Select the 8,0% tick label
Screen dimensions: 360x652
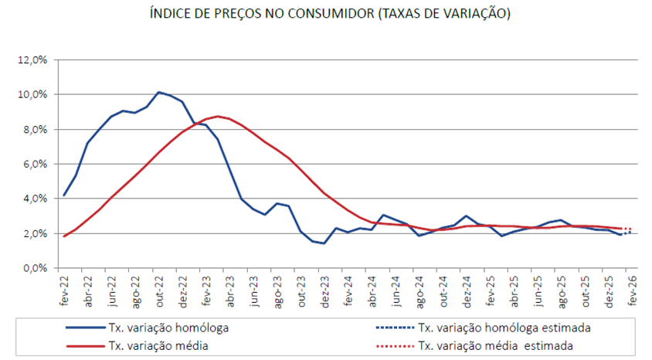[x=35, y=130]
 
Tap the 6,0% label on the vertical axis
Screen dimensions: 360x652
[x=35, y=165]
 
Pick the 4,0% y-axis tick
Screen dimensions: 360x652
[x=35, y=199]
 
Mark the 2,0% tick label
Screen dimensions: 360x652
[x=35, y=234]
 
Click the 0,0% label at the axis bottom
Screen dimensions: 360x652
[x=35, y=269]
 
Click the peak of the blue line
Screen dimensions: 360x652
[x=158, y=92]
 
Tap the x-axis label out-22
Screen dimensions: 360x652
[x=158, y=290]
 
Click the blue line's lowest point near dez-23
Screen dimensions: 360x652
[x=324, y=243]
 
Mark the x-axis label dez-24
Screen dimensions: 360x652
[x=467, y=290]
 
